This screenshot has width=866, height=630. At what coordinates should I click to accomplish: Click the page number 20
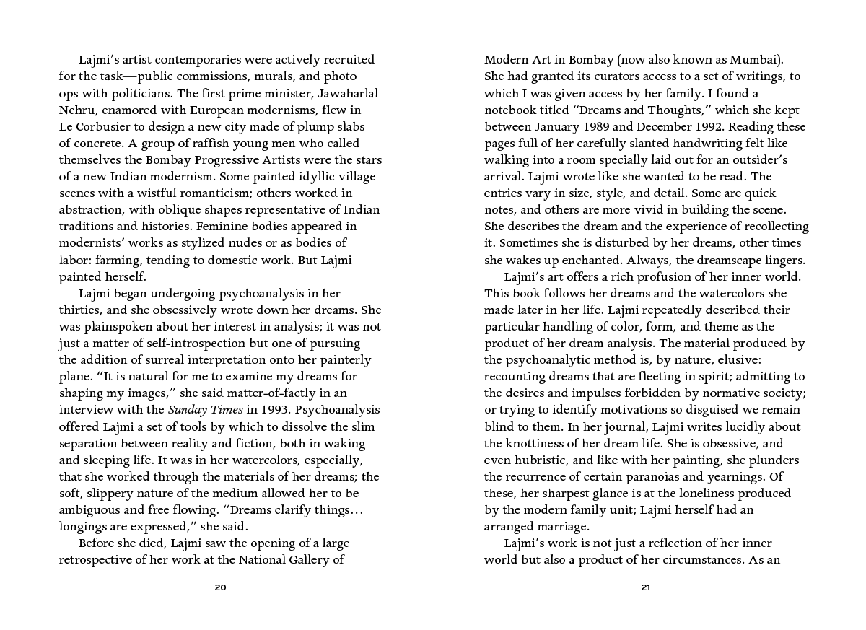click(221, 587)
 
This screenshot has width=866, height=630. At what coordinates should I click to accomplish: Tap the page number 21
click(646, 587)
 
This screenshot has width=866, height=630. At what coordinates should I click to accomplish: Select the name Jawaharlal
click(345, 94)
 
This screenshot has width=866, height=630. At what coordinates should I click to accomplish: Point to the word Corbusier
click(107, 127)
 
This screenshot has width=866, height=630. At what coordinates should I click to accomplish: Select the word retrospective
click(101, 560)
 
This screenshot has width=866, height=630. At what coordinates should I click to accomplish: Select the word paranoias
click(657, 477)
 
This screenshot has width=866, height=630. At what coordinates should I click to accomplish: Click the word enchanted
click(595, 261)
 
